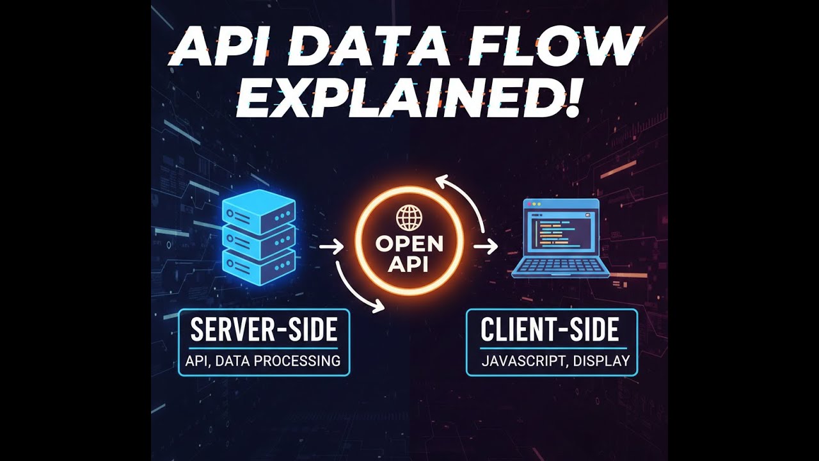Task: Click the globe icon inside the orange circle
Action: (409, 218)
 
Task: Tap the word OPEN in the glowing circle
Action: (409, 245)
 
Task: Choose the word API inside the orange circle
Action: (409, 264)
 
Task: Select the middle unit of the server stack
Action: (258, 238)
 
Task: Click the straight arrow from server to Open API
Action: (331, 246)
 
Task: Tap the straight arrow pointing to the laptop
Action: (486, 246)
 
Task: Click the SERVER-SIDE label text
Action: (264, 330)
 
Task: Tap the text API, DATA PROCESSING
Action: (263, 360)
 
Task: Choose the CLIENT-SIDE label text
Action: (550, 330)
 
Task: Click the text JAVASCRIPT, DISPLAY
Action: (555, 360)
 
